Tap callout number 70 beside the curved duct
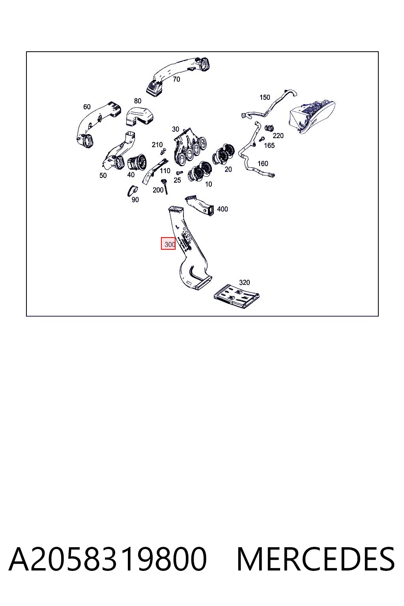(176, 79)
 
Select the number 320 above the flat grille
(244, 282)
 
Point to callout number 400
(223, 209)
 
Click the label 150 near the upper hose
(265, 97)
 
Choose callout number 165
(269, 146)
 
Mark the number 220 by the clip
(278, 136)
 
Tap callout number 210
(157, 145)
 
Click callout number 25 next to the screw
(177, 180)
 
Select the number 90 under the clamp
(135, 200)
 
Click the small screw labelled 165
(262, 140)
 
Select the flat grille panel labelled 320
(236, 296)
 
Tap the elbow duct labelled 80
(140, 116)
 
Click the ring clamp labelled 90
(132, 190)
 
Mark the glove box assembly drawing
(312, 117)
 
